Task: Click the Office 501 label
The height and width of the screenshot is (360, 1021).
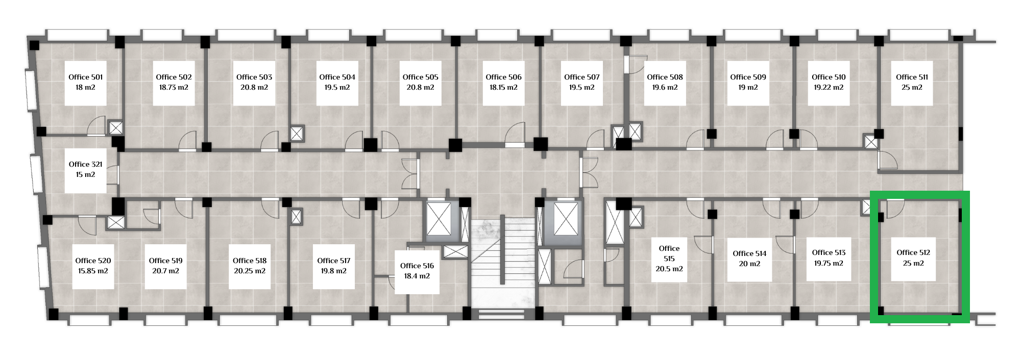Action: click(x=86, y=77)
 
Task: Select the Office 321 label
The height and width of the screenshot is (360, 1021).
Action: click(x=86, y=164)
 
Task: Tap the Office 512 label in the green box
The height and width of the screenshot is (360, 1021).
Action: click(x=913, y=252)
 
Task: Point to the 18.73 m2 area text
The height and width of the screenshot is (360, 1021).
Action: click(x=174, y=87)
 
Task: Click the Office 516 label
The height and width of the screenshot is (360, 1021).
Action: click(x=417, y=266)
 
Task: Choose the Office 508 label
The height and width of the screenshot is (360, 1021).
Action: click(x=665, y=77)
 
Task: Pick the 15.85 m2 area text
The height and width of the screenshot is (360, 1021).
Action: click(x=93, y=271)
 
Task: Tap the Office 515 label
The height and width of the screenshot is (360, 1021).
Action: click(x=669, y=253)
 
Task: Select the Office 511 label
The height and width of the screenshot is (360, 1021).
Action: click(x=912, y=77)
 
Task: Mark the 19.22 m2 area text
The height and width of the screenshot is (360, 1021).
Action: click(x=829, y=87)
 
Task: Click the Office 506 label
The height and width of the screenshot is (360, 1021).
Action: click(x=503, y=77)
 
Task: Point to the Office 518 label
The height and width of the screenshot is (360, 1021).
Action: click(x=250, y=261)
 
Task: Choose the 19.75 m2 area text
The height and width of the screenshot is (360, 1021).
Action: click(x=829, y=263)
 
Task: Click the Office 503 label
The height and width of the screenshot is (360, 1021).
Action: click(x=254, y=77)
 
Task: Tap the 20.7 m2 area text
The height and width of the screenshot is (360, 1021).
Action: click(x=166, y=271)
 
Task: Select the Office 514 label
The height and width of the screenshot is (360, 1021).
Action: click(x=749, y=253)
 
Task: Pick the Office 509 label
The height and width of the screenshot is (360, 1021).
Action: click(x=748, y=77)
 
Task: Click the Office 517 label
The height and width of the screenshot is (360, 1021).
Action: click(x=334, y=261)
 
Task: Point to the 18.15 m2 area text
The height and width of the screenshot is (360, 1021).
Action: click(x=503, y=87)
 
